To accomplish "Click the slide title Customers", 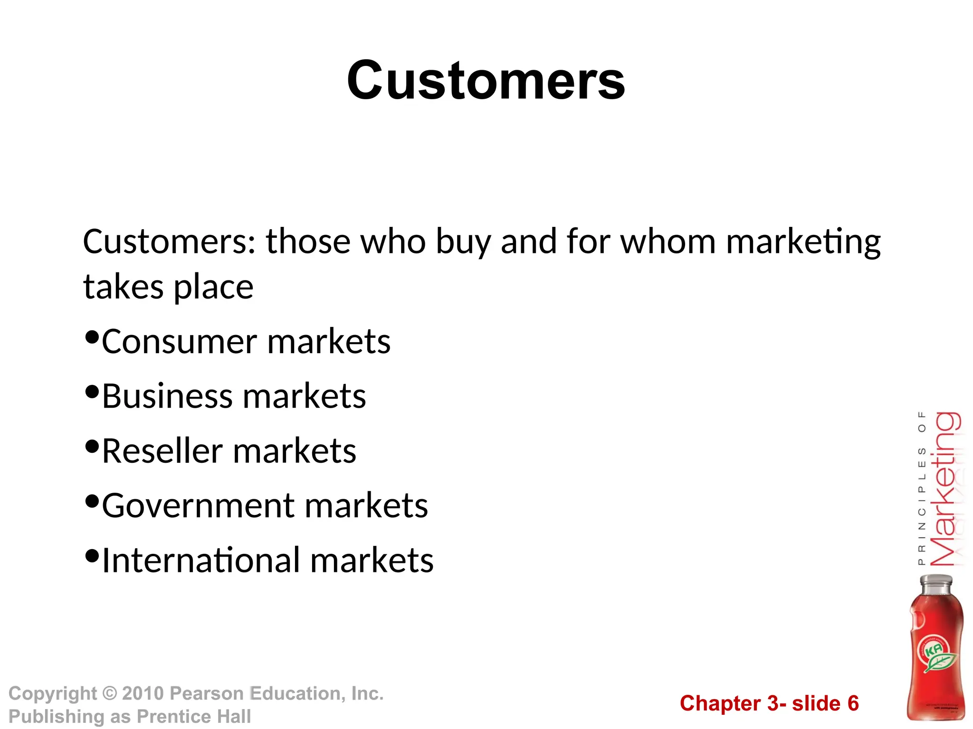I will click(x=486, y=81).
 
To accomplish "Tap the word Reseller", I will click(x=162, y=450).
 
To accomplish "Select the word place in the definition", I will click(x=213, y=287).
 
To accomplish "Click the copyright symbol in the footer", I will click(x=109, y=693).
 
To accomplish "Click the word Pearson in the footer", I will click(x=207, y=693).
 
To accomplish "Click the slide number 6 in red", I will click(x=853, y=703).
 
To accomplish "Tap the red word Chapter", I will click(x=720, y=703).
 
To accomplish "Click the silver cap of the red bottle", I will click(x=935, y=584).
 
